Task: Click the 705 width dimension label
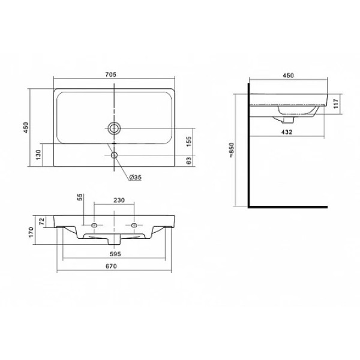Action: point(111,74)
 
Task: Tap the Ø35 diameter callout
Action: point(135,177)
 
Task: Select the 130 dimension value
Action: point(38,155)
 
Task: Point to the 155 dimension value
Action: point(188,142)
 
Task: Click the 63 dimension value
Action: point(188,161)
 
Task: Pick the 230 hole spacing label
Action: point(119,200)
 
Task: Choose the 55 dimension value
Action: point(80,197)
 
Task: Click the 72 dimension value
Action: point(41,221)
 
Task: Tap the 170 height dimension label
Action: point(31,232)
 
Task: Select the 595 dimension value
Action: point(115,254)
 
